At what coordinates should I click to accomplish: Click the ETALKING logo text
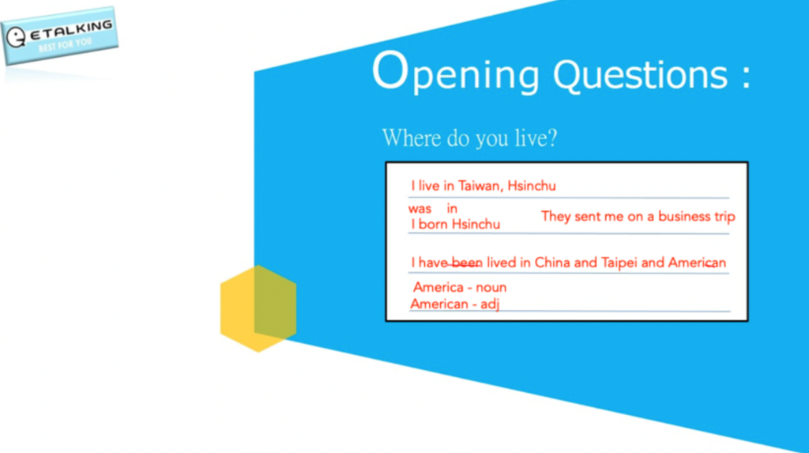(x=71, y=31)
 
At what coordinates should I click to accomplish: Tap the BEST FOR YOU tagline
(x=65, y=45)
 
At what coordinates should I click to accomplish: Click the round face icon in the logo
(x=16, y=37)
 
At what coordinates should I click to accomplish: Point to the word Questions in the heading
(x=640, y=74)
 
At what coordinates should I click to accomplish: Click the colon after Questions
(x=746, y=77)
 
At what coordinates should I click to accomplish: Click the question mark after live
(x=551, y=138)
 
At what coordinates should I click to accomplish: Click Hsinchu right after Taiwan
(x=532, y=186)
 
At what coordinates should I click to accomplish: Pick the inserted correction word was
(x=420, y=209)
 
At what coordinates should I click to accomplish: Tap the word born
(x=433, y=225)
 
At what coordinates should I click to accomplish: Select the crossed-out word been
(x=467, y=263)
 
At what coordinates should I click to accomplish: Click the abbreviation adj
(x=490, y=304)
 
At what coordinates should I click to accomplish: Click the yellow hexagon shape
(x=258, y=308)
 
